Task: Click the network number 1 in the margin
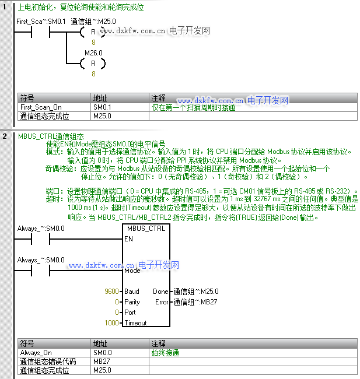coord(5,8)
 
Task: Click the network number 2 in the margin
coord(5,136)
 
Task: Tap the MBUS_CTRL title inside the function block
coord(145,229)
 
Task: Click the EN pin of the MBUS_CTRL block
coord(129,238)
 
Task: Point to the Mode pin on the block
coord(132,271)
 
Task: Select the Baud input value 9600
coord(111,291)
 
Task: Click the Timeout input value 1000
coord(111,322)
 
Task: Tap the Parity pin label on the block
coord(132,302)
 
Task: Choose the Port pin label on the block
coord(131,313)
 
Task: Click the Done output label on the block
coord(160,291)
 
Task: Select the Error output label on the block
coord(161,302)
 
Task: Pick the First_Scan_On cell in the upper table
coord(41,107)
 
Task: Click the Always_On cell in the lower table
coord(36,353)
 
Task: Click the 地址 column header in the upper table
coord(100,98)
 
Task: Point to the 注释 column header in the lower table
coord(158,343)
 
